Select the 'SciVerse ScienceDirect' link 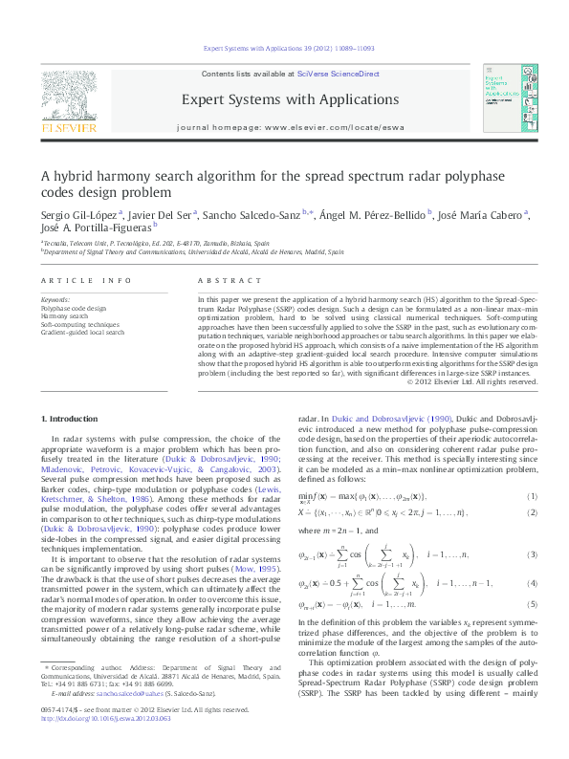click(x=339, y=74)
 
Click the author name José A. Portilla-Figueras click(x=95, y=230)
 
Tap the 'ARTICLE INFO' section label click(x=73, y=280)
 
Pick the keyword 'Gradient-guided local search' click(x=82, y=333)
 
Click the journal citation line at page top click(x=284, y=48)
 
